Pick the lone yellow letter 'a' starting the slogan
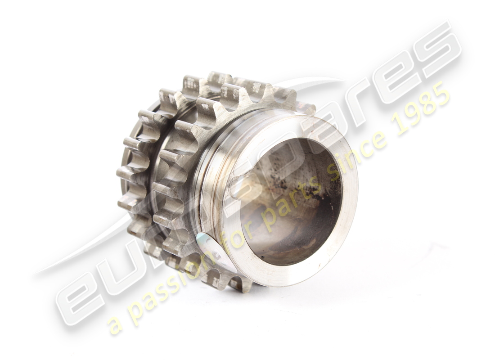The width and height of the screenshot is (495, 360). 116,325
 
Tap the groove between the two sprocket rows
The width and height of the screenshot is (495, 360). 153,180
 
